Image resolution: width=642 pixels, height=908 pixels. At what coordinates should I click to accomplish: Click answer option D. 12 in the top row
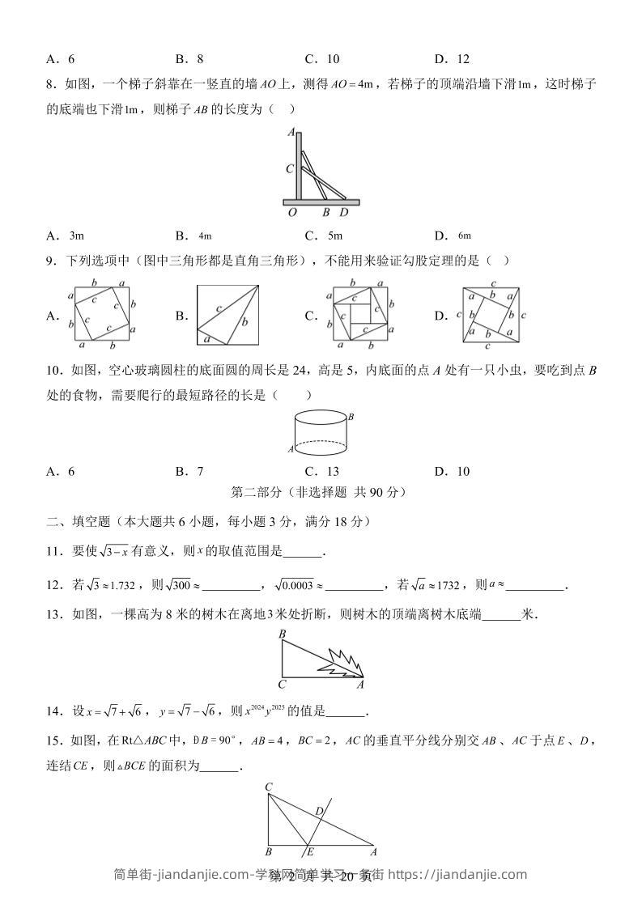[x=452, y=58]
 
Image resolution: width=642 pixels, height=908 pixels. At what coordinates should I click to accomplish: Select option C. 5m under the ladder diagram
[x=323, y=235]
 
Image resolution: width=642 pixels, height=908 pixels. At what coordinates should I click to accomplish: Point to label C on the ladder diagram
[x=289, y=169]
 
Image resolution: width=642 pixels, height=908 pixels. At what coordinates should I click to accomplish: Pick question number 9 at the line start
[x=52, y=261]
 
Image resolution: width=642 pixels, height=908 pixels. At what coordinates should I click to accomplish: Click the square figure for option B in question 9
[x=227, y=316]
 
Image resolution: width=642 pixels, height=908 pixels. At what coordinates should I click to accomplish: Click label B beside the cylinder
[x=351, y=417]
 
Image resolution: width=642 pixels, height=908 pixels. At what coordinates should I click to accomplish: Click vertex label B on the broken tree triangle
[x=282, y=635]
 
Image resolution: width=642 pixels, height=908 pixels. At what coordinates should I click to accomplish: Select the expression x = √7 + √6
[x=111, y=712]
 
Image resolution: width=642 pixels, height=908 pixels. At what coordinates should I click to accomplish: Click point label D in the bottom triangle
[x=319, y=811]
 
